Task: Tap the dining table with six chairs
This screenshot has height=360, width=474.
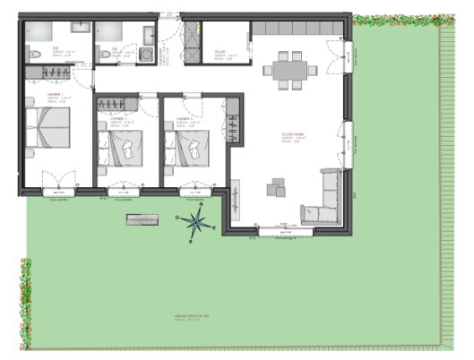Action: point(289,68)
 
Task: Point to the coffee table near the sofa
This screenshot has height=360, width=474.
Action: point(276,189)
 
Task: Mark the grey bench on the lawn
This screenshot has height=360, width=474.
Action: point(143,220)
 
